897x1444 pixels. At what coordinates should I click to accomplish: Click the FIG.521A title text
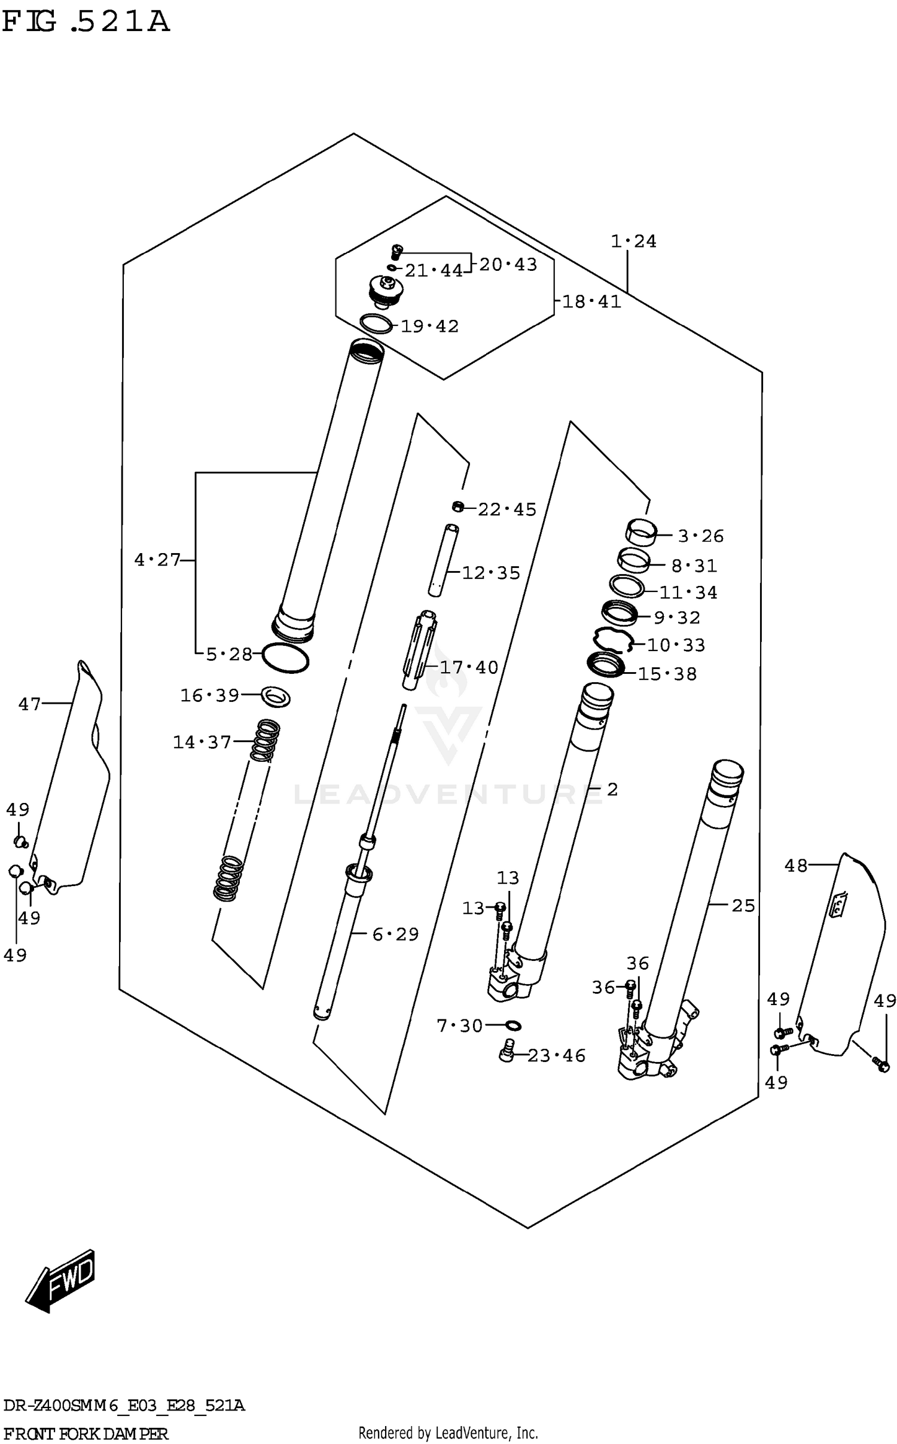pos(86,22)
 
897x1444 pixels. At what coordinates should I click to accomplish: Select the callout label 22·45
pos(507,509)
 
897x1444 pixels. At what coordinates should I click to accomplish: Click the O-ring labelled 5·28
pos(285,658)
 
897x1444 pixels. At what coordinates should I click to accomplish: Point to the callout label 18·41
pos(591,301)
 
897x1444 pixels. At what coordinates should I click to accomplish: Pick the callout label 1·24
pos(633,242)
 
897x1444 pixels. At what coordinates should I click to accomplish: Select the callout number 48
pos(796,865)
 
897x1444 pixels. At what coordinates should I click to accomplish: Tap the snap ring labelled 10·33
pos(612,640)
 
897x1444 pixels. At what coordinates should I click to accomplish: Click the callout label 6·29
pos(395,934)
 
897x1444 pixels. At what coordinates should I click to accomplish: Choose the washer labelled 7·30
pos(513,1025)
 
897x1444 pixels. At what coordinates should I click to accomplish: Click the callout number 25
pos(743,905)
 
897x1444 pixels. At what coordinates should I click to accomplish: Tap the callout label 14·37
pos(202,742)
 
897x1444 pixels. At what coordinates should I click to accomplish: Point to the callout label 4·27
pos(157,560)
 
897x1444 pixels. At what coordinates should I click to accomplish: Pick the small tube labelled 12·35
pos(443,559)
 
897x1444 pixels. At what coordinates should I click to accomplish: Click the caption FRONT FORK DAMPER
pos(86,1433)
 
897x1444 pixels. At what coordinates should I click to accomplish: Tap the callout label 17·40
pos(468,667)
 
